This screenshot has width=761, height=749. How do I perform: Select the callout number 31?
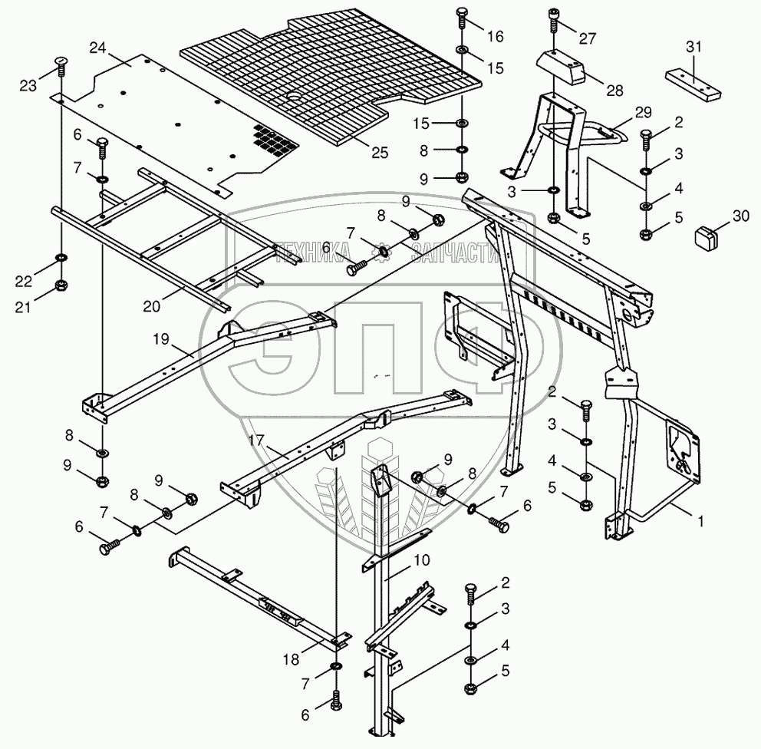coord(693,47)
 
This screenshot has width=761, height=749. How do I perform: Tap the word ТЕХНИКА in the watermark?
coord(313,251)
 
